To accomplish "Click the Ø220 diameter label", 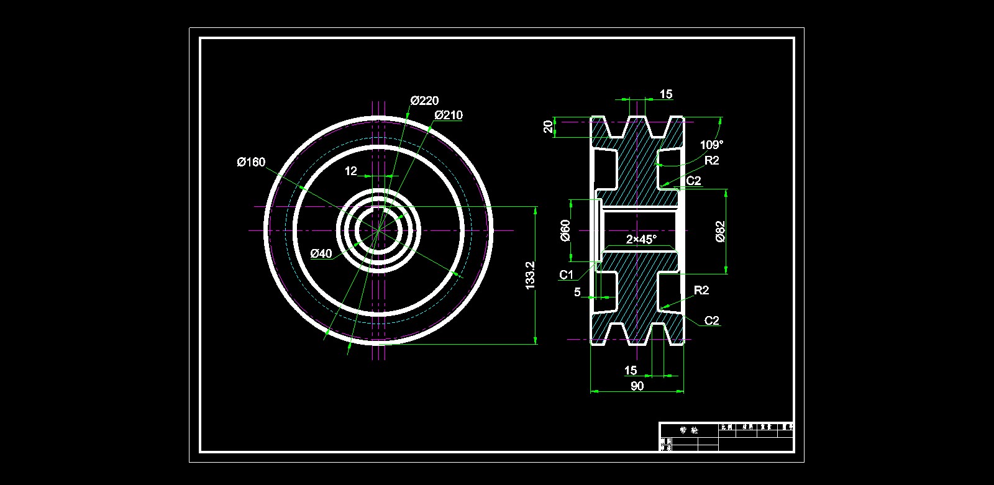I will tap(425, 101).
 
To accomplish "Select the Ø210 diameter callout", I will tap(449, 115).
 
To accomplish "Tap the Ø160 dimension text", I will tap(251, 162).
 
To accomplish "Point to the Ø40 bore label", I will tap(321, 253).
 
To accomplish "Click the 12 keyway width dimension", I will tap(351, 171).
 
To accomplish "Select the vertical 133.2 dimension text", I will tap(530, 274).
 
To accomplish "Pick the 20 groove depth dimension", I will tap(548, 127).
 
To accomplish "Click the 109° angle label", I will tap(711, 145).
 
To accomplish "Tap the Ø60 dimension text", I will tap(565, 230).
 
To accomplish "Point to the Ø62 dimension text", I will tap(720, 231).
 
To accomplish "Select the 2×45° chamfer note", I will tap(641, 239).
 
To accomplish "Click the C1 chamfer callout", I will tap(567, 274).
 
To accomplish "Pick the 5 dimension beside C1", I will tap(577, 292).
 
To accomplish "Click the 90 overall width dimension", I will tap(637, 386).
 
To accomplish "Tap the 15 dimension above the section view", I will tap(666, 94).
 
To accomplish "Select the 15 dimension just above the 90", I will tap(631, 371).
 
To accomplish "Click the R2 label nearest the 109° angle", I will tap(712, 160).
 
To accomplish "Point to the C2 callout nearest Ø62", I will tap(693, 181).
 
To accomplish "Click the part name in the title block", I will tap(688, 430).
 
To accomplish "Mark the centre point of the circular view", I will tap(378, 230).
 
